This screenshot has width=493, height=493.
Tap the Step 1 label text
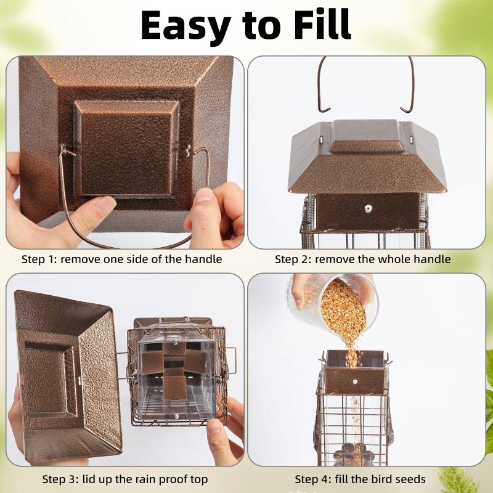click(121, 259)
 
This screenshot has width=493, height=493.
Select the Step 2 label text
click(362, 259)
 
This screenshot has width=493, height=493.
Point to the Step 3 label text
click(125, 479)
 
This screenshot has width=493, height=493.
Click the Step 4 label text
click(360, 479)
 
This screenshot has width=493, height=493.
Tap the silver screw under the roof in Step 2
click(368, 208)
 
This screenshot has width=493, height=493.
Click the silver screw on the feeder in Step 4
click(355, 381)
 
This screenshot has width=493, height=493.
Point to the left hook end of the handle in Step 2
click(325, 110)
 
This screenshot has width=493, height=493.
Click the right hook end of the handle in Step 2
click(406, 110)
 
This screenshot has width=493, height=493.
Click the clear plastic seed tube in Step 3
click(177, 380)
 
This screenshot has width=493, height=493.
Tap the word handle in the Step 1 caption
click(203, 259)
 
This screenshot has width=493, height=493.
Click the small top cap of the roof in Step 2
click(367, 145)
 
